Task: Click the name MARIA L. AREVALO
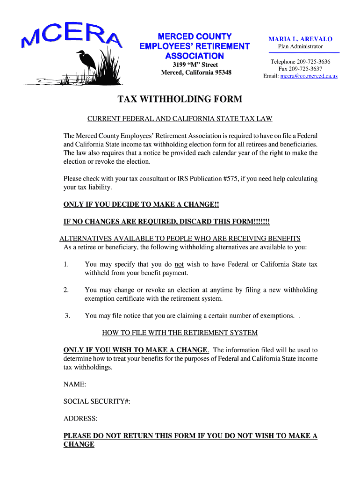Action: [300, 39]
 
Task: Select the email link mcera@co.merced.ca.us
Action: [309, 76]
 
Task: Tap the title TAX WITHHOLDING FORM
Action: [180, 99]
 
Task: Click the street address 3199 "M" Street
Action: [195, 65]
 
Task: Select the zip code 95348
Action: [222, 73]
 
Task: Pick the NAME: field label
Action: [74, 384]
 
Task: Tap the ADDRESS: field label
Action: [80, 419]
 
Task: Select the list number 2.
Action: [66, 290]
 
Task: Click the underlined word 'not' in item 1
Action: [179, 264]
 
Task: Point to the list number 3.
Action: [67, 316]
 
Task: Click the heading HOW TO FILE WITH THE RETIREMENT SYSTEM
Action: [180, 333]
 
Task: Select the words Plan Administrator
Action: [300, 46]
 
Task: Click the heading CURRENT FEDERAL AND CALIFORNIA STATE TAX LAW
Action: [180, 119]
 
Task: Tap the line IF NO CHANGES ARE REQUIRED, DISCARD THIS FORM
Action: [166, 221]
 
